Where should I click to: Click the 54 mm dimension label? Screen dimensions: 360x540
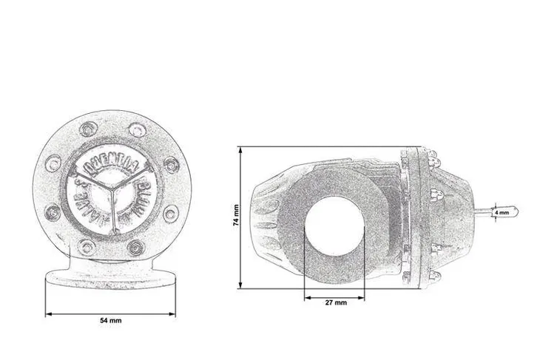point(111,320)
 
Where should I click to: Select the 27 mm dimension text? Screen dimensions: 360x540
point(334,303)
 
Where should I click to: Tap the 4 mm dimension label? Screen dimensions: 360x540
point(502,212)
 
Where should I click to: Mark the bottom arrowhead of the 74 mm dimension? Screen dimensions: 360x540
point(240,286)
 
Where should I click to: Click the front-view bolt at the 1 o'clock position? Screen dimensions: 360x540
point(137,130)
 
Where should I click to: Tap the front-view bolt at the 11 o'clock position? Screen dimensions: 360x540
point(86,130)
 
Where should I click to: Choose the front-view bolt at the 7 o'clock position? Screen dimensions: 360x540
point(86,246)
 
